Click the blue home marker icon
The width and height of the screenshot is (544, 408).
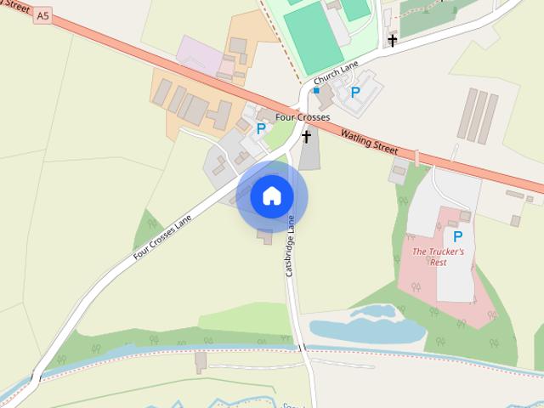[271, 195]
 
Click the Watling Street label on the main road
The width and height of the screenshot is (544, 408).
[368, 141]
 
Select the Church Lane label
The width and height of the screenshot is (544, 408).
[336, 76]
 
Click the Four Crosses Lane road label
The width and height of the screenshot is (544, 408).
[161, 235]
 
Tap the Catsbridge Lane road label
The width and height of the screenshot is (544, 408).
[292, 244]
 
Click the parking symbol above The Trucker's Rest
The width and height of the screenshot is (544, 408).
[457, 236]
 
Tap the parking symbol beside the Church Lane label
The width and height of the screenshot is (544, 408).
[355, 92]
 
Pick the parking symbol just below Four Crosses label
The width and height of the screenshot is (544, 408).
[261, 129]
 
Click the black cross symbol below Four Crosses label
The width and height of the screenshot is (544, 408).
[306, 136]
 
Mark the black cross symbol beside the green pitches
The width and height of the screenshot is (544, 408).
[392, 40]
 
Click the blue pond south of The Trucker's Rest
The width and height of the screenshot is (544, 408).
[365, 327]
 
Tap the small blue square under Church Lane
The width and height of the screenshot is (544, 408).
[316, 88]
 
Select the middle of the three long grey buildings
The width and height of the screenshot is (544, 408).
[479, 116]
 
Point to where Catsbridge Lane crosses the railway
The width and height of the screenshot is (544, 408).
[301, 347]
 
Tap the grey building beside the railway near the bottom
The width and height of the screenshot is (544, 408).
[201, 363]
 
